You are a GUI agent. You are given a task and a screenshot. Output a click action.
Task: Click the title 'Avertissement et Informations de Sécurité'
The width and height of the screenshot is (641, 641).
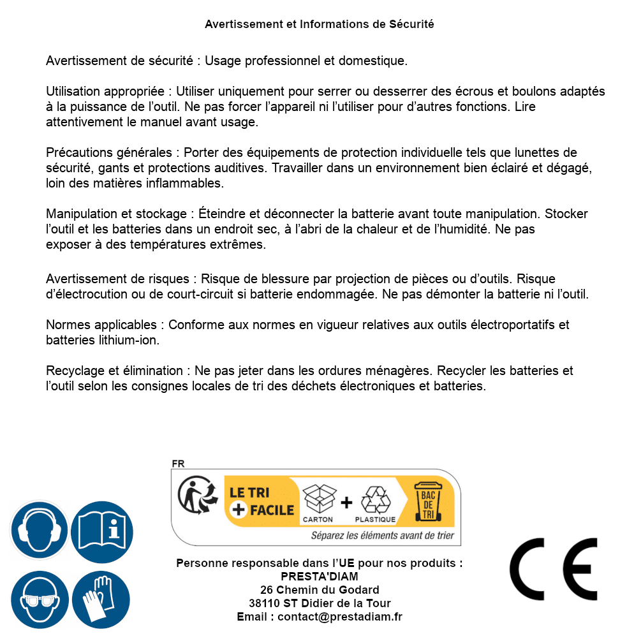tap(319, 24)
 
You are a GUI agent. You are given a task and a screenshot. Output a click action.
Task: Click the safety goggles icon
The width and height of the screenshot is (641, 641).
tap(40, 600)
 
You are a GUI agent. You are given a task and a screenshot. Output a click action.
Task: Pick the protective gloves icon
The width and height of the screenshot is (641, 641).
tap(102, 600)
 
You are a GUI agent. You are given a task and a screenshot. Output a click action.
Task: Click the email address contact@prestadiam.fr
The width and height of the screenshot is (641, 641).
tap(340, 617)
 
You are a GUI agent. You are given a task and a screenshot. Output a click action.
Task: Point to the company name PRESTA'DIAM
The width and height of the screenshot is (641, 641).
tap(320, 577)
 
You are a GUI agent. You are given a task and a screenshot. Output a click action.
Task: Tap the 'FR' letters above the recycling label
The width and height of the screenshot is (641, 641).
tap(178, 464)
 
